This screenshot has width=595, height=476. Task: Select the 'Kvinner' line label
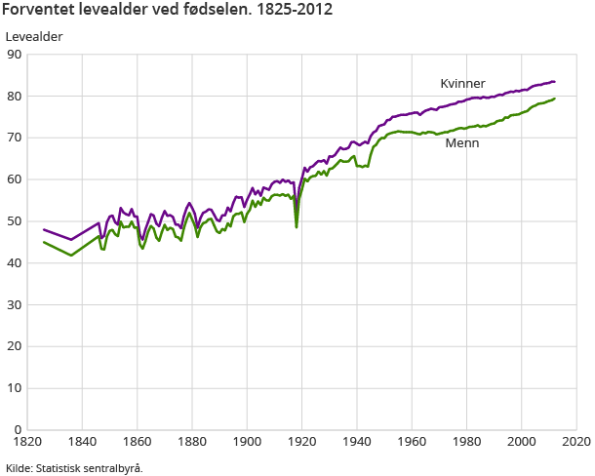[x=462, y=84]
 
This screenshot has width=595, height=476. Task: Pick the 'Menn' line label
[x=461, y=143]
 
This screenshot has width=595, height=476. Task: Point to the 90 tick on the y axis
[x=15, y=55]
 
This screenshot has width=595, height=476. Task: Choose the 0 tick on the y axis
[x=19, y=430]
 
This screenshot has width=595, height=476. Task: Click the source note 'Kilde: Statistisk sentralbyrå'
[x=74, y=468]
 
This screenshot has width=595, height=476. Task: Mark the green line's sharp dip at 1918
[x=297, y=226]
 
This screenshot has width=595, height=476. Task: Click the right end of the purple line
[x=555, y=82]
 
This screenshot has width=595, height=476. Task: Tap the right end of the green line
[x=555, y=99]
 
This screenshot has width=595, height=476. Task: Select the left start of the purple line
[x=44, y=229]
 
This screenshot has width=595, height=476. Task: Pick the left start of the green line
[x=44, y=242]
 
